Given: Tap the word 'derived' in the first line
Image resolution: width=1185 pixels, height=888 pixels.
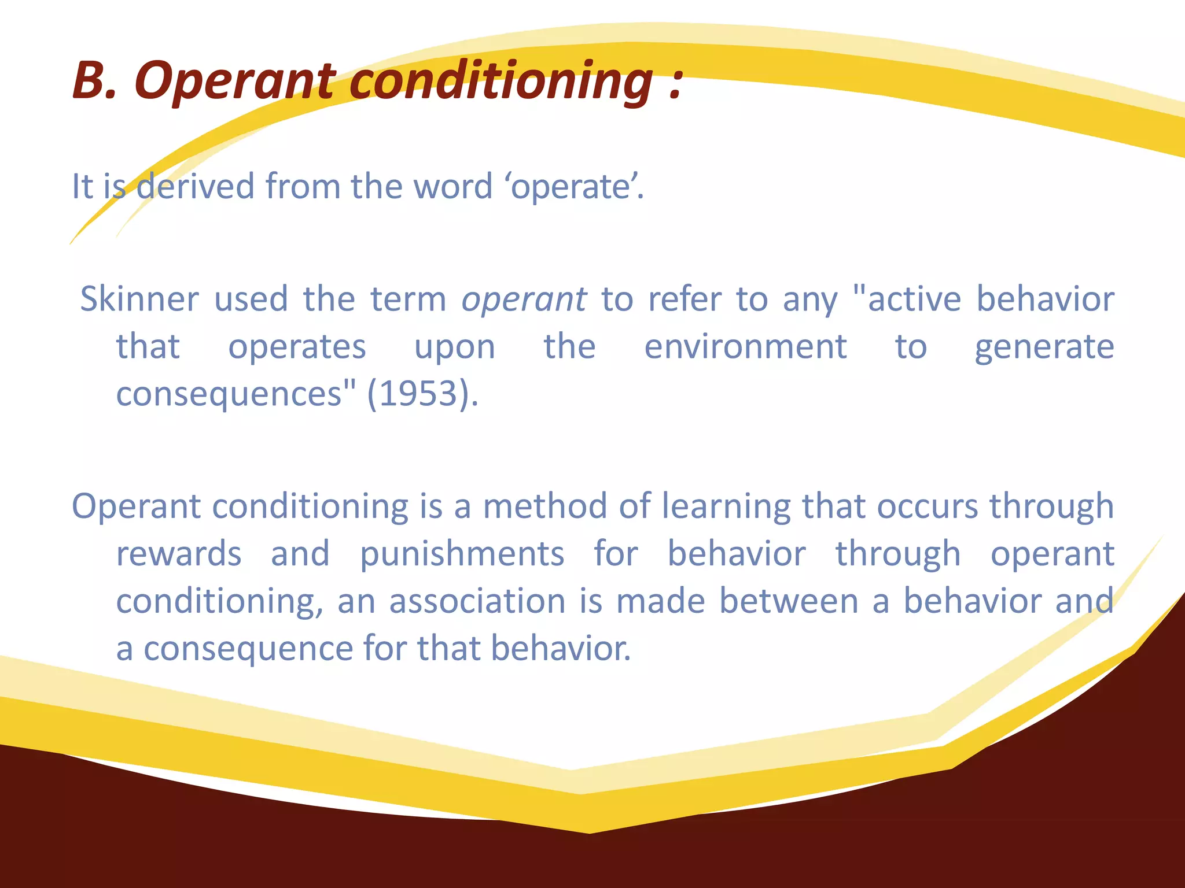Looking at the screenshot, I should point(195,186).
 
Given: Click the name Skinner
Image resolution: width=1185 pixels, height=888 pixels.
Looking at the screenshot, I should point(139,299).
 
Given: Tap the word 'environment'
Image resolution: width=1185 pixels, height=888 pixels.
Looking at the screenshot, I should point(745,346).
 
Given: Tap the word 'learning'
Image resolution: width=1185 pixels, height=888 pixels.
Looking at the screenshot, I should point(726,507).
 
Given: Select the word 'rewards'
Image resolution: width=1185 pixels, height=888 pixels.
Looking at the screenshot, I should point(179,554).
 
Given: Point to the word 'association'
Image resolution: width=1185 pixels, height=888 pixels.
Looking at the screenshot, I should point(477,601).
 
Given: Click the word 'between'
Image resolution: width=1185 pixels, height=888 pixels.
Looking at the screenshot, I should point(789,601).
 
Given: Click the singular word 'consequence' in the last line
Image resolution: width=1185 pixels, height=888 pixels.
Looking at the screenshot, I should point(248,648).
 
